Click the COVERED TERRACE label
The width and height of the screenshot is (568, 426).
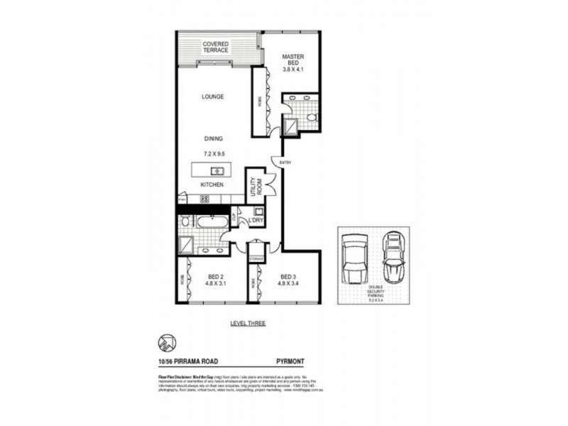point(215,47)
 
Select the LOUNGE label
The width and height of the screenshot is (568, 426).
point(213,97)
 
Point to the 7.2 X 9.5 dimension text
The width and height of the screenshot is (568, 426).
point(213,153)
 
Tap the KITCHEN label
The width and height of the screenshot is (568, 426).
point(212,185)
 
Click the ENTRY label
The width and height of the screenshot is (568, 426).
point(285,163)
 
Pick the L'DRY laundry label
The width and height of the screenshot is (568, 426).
point(256,222)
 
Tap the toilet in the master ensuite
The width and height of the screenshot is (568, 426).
point(311,116)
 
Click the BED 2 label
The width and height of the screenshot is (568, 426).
point(215,277)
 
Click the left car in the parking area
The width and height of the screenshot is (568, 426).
point(352,260)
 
